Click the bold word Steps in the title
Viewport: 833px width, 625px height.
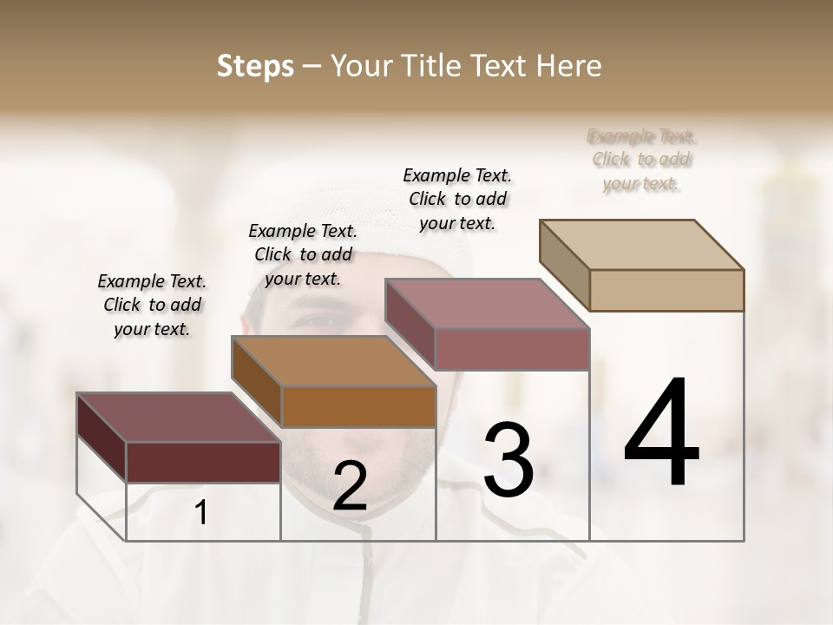click(x=255, y=66)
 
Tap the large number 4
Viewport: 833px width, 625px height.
click(x=662, y=433)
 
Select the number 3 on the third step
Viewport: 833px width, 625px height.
click(x=508, y=460)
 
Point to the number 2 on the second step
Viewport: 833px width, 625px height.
click(x=350, y=487)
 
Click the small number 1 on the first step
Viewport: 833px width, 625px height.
click(x=201, y=513)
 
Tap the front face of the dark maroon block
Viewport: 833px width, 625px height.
click(x=203, y=462)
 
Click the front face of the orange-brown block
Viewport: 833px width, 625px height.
click(x=358, y=406)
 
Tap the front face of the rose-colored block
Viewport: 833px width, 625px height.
click(x=512, y=349)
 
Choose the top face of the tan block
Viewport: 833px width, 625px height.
click(x=641, y=244)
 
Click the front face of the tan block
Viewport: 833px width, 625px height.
click(x=666, y=290)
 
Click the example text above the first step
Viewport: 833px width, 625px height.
click(x=152, y=305)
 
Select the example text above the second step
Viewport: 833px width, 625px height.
click(x=303, y=254)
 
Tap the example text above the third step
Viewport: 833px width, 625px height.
click(x=457, y=199)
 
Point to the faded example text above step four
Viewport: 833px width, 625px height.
click(x=642, y=160)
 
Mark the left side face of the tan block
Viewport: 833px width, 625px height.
click(x=565, y=266)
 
